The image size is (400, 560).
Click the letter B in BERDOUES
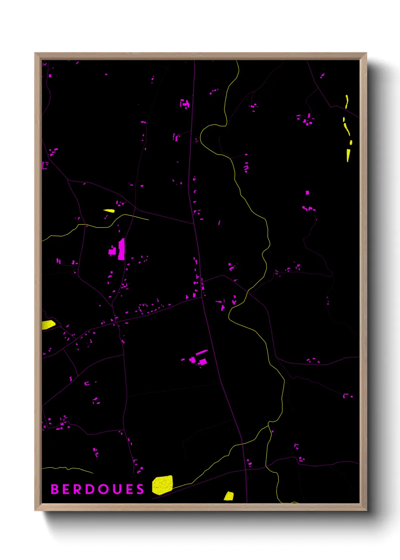pyautogui.click(x=54, y=489)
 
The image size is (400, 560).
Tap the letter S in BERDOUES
pyautogui.click(x=140, y=489)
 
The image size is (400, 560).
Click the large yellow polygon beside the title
pyautogui.click(x=163, y=485)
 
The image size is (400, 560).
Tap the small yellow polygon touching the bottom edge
pyautogui.click(x=229, y=496)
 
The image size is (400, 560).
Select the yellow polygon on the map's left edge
pyautogui.click(x=48, y=325)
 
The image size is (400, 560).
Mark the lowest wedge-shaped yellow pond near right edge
pyautogui.click(x=348, y=155)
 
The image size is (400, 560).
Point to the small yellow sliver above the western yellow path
pyautogui.click(x=109, y=211)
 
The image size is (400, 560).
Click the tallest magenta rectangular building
pyautogui.click(x=121, y=249)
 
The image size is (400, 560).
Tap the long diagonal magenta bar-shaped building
pyautogui.click(x=202, y=353)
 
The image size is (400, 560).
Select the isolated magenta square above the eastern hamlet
pyautogui.click(x=307, y=193)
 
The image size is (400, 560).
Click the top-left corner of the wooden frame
pyautogui.click(x=35, y=53)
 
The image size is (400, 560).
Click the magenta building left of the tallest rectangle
pyautogui.click(x=113, y=251)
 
